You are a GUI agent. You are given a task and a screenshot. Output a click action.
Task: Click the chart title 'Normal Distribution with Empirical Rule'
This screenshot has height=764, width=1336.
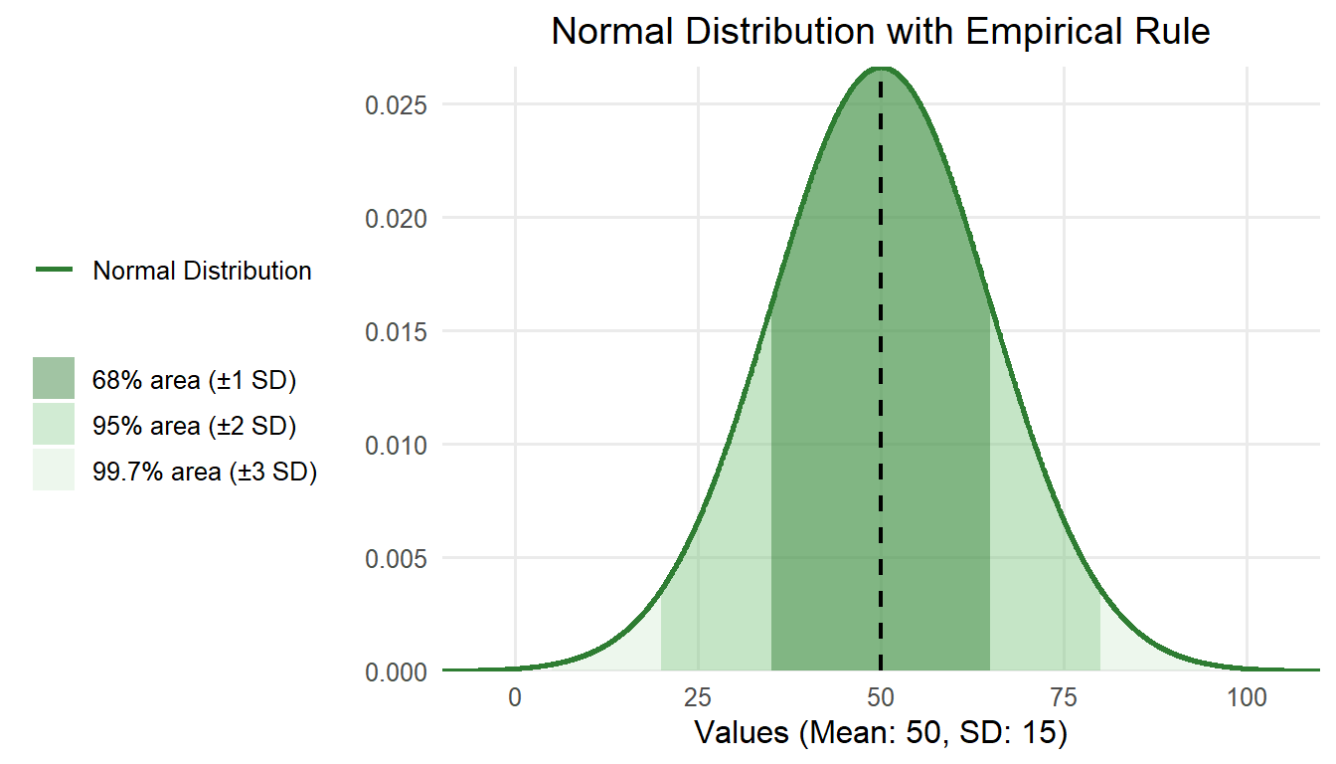(x=881, y=32)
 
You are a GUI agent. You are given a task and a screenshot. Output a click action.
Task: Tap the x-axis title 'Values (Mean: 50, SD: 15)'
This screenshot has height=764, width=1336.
(x=881, y=734)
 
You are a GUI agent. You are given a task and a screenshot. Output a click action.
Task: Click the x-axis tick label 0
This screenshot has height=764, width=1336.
(x=515, y=697)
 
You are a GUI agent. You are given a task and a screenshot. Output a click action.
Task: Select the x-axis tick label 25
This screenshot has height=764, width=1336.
(x=698, y=697)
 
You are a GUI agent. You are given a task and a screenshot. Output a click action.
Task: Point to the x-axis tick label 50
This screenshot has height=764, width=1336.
(x=881, y=697)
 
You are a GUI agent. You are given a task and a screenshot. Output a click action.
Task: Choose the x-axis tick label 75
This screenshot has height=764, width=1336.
(x=1064, y=697)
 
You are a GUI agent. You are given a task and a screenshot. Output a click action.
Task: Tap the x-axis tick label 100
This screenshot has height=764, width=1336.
(x=1247, y=697)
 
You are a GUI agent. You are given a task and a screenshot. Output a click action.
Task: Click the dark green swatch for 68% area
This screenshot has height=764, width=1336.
(x=54, y=379)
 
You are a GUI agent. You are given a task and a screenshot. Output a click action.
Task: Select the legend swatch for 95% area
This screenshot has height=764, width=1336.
(x=54, y=425)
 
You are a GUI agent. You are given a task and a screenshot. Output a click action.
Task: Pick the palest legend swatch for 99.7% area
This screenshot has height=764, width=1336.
(x=54, y=471)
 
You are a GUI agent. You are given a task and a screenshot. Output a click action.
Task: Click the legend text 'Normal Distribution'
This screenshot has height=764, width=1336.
(x=202, y=271)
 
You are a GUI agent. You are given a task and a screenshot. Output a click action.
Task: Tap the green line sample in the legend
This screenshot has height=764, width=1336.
(x=54, y=270)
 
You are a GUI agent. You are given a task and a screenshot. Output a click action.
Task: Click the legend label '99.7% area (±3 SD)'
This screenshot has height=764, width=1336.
(x=205, y=473)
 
